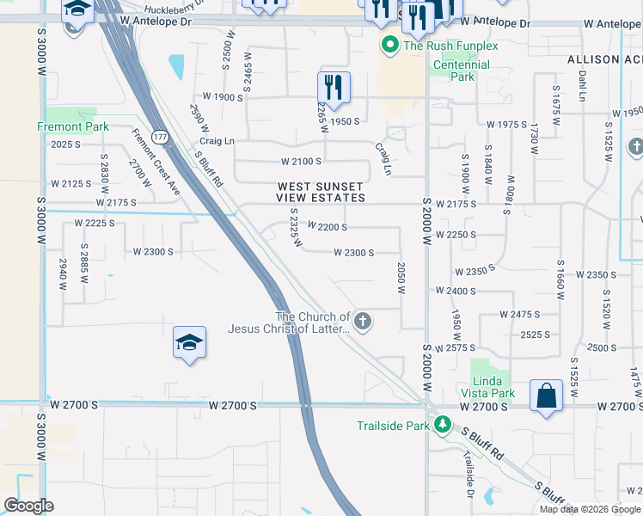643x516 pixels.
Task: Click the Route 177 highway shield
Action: [x=161, y=138]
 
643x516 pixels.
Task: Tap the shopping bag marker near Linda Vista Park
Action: [x=546, y=396]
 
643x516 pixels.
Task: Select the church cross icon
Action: [x=363, y=322]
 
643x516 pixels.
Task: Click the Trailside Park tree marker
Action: [x=443, y=425]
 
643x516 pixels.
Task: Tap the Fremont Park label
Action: [x=73, y=126]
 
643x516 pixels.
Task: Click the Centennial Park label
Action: [x=462, y=71]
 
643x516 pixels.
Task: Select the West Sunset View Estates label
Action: [x=321, y=192]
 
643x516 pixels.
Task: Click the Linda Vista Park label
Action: [x=493, y=387]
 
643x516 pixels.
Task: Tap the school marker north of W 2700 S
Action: [x=189, y=343]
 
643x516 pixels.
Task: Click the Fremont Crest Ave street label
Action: [x=156, y=162]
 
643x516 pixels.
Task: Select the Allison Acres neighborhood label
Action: [x=604, y=59]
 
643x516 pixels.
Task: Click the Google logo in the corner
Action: [x=28, y=506]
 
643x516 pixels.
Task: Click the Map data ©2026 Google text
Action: [x=590, y=508]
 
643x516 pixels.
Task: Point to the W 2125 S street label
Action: [x=70, y=183]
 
